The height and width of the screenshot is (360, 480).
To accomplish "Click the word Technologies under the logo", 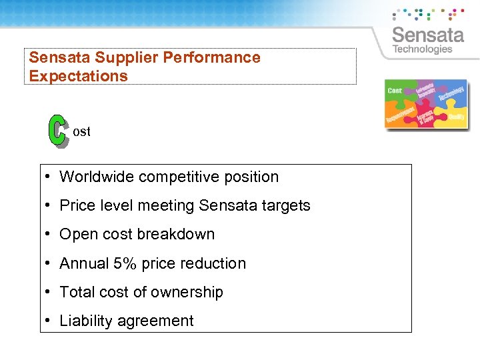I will (x=422, y=49).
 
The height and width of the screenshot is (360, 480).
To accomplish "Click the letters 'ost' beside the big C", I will (x=81, y=131).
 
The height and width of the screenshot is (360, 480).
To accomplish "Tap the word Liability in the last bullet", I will (x=85, y=321).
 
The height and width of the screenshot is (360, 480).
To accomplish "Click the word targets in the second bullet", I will (x=286, y=205).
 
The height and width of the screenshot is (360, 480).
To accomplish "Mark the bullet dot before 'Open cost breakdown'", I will (x=49, y=235).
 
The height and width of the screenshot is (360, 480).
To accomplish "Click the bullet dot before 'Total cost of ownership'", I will (x=49, y=292).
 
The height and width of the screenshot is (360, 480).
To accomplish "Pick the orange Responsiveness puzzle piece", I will (x=401, y=115).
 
